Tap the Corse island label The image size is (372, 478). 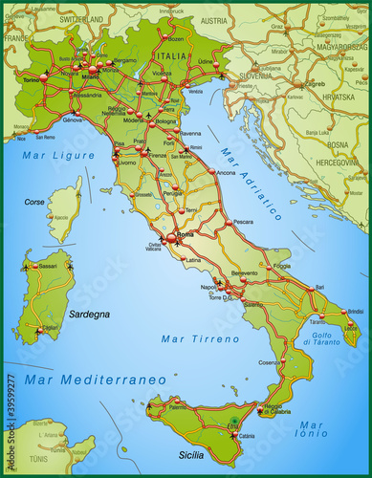tap(34, 203)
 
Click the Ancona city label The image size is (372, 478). tap(226, 172)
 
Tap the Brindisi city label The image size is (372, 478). tap(355, 312)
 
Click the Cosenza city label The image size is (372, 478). tap(269, 362)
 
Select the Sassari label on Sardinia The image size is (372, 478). tap(48, 266)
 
